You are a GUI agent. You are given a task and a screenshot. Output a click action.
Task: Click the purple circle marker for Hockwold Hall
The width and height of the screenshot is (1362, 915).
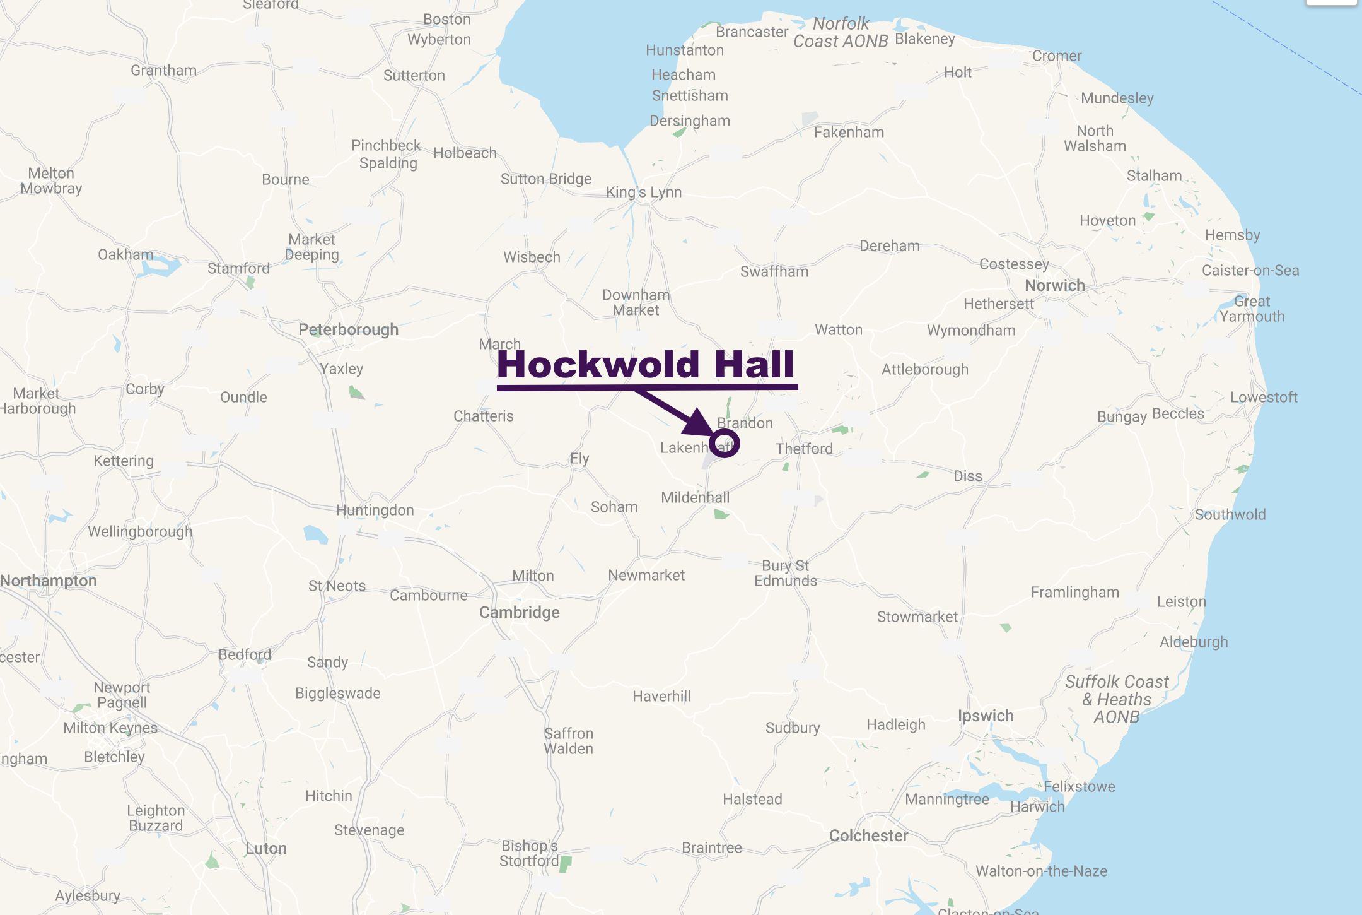point(725,443)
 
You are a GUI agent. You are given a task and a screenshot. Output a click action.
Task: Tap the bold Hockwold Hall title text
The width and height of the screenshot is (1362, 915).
point(646,364)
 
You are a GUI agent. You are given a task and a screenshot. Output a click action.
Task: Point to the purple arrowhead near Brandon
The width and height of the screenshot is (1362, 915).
point(699,423)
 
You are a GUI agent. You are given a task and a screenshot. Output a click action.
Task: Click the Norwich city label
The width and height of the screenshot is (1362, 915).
point(1054,285)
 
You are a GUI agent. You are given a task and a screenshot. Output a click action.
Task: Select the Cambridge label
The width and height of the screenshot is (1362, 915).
point(519,612)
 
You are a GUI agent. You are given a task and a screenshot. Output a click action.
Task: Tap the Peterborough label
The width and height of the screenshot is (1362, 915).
point(348,329)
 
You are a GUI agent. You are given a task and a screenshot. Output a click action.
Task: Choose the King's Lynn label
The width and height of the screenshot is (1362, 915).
point(644,192)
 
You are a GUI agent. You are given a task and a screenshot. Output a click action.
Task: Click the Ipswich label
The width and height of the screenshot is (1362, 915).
point(986,716)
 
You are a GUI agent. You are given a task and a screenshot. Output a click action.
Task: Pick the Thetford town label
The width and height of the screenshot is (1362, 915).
point(804,449)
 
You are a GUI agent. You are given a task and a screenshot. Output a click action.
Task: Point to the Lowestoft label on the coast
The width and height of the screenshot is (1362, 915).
point(1264,397)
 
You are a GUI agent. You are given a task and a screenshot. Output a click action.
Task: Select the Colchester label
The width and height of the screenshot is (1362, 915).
point(868,835)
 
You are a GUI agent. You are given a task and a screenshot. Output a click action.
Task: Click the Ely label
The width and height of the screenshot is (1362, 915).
point(579,458)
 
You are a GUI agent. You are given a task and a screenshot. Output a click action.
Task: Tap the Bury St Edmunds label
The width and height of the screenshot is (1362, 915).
point(786,573)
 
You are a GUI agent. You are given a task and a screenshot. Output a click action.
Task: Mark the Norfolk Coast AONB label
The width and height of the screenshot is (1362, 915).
point(841,33)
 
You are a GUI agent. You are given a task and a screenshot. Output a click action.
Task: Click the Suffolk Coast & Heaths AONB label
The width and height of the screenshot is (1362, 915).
point(1117,699)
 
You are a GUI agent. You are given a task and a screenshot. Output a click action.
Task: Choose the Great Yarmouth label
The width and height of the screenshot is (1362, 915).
point(1252,309)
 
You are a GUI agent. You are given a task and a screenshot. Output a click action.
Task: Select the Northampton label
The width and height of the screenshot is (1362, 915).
point(49,581)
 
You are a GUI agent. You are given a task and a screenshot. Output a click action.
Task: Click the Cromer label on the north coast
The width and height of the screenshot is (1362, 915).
point(1056,56)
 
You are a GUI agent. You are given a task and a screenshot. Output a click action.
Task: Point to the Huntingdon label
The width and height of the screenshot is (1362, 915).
point(375,510)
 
